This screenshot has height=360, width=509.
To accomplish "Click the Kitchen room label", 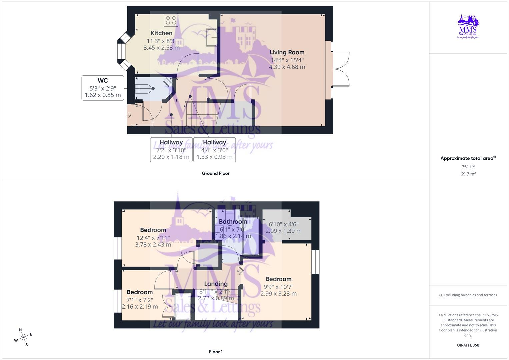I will [161, 33].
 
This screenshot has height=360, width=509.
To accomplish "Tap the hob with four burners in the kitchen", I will [171, 20].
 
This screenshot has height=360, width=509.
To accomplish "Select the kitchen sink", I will [212, 37].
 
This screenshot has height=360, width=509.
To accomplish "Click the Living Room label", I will [287, 52].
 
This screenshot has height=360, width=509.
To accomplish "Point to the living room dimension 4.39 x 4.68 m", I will [287, 67].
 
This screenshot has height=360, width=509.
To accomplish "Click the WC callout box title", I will [103, 81].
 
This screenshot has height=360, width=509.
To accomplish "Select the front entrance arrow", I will [128, 115].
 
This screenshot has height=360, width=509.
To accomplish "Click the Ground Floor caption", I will [215, 173].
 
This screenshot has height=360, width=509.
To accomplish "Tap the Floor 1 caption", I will [215, 352].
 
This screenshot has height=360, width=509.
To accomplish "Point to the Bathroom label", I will [233, 222].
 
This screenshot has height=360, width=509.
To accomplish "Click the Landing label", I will [216, 284].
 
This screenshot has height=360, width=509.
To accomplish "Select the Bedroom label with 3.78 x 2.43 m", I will [153, 230].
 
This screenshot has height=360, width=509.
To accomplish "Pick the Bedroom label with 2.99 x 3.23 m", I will [278, 279].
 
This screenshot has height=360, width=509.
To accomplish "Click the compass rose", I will [23, 337].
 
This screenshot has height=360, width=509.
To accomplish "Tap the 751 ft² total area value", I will [468, 167].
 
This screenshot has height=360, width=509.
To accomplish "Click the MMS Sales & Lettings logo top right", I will [468, 26].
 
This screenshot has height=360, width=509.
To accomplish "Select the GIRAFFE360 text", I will [468, 345].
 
